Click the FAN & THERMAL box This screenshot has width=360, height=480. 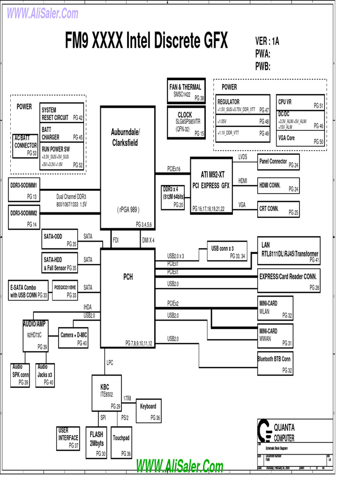(186, 91)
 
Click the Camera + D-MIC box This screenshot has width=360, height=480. (74, 338)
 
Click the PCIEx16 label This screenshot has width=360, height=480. (173, 169)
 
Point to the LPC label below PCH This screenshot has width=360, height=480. (110, 362)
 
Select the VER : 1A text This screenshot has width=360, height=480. (267, 41)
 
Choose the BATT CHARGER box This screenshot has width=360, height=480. (62, 133)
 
